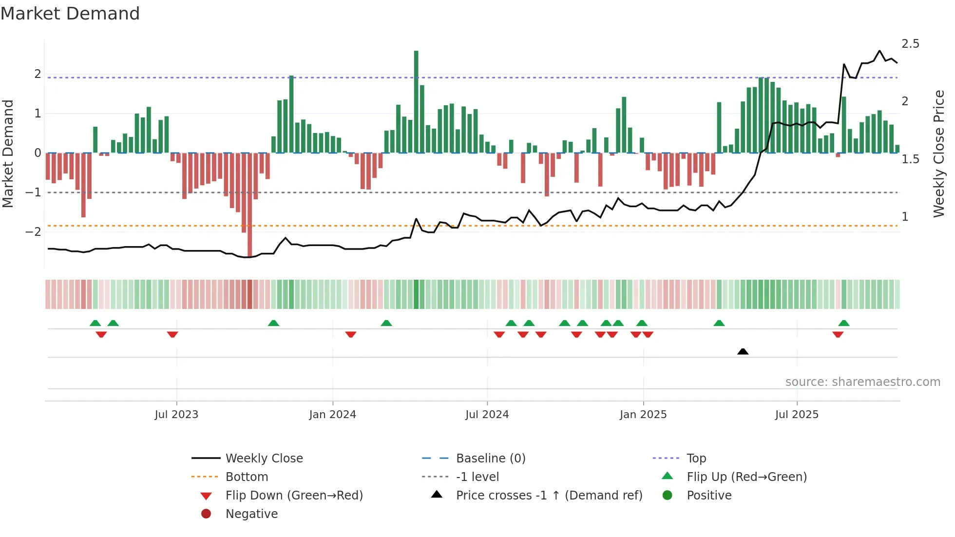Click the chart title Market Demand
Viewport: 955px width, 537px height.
70,14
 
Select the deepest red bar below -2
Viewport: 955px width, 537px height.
249,205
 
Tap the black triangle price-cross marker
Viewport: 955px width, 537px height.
743,351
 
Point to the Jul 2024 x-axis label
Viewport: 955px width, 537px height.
487,415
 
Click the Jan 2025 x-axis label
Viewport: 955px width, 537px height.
643,415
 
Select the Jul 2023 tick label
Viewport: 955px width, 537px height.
176,415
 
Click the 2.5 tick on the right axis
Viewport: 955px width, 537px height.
910,44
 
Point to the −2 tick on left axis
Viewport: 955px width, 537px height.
33,231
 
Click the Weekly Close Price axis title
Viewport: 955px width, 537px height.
939,153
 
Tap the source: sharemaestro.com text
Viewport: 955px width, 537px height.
862,382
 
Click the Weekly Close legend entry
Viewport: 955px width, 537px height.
264,459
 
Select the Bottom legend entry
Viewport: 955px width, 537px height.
247,477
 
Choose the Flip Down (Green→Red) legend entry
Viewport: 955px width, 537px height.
294,496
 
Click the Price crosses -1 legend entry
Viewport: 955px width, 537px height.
549,496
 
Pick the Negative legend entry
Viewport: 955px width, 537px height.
251,514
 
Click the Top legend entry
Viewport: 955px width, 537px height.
696,459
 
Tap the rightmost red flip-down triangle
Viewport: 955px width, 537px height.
838,335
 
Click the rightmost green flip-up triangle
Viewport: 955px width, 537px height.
844,323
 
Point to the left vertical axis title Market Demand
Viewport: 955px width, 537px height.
8,153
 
